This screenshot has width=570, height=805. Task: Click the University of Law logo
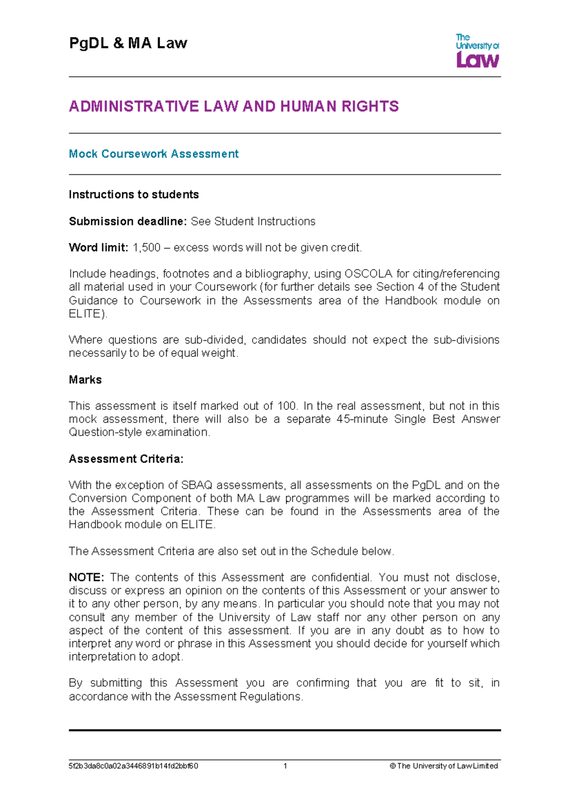click(477, 50)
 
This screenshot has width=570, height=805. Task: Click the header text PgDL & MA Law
click(128, 43)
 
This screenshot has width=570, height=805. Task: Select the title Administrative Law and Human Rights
click(234, 106)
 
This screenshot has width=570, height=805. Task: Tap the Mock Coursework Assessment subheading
click(153, 154)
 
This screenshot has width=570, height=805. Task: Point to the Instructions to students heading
click(133, 195)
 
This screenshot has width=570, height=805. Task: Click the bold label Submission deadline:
click(128, 221)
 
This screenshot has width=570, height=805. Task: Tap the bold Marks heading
click(85, 380)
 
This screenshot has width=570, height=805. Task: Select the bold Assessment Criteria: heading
click(126, 459)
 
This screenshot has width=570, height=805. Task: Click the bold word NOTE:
click(86, 578)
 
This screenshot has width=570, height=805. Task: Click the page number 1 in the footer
click(285, 766)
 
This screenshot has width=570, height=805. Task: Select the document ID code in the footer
click(133, 766)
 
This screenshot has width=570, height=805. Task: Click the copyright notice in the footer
click(444, 766)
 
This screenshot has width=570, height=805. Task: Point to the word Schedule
click(334, 551)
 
